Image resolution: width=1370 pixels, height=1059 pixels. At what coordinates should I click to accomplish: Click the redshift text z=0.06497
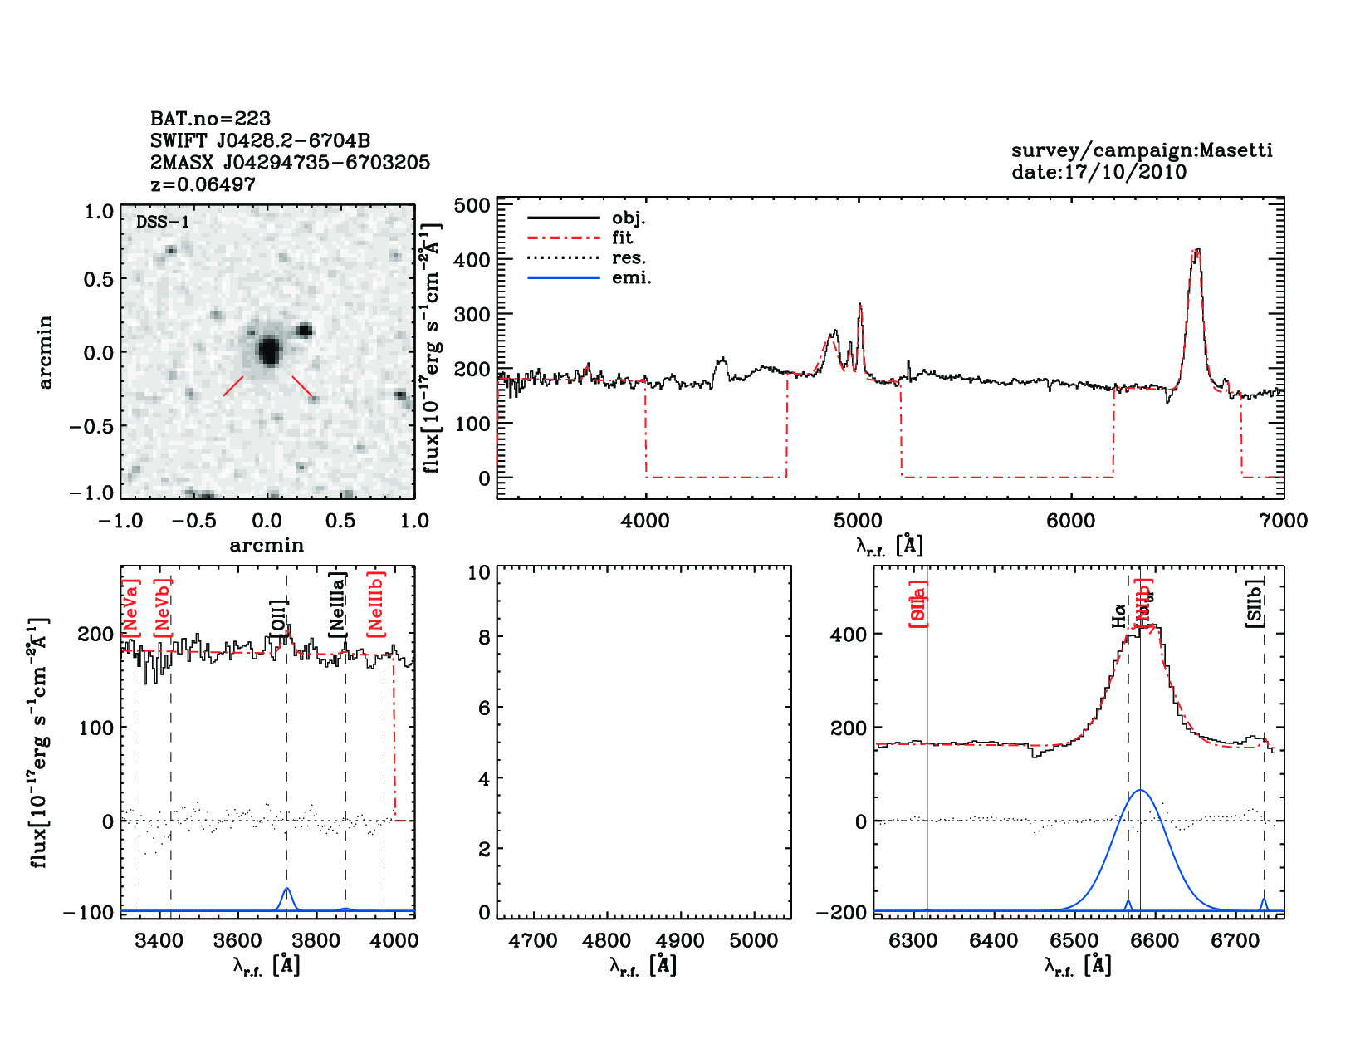[203, 184]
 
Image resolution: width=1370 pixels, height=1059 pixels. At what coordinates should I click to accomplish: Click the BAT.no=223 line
[210, 119]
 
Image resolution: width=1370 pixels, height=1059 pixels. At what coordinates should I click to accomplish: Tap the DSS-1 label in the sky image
[163, 222]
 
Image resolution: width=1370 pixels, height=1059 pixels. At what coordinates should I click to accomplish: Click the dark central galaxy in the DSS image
[268, 351]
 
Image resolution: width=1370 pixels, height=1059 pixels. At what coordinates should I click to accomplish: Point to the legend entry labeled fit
[622, 238]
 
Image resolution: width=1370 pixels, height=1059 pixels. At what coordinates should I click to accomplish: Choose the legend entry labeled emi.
[631, 277]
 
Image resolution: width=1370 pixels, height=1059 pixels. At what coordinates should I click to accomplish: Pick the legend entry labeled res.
[629, 257]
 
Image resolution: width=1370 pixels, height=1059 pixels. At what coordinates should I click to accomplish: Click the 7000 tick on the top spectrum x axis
[1284, 521]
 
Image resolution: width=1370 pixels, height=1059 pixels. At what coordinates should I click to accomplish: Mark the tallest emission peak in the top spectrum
[1196, 250]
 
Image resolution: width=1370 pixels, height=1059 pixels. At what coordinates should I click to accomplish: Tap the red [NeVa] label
[130, 607]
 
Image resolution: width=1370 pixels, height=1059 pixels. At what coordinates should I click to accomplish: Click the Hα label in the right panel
[1119, 615]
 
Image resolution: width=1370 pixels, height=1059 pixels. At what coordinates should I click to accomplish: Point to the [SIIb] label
[1255, 603]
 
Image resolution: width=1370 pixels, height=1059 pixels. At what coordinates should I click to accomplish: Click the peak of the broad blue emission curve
[1141, 790]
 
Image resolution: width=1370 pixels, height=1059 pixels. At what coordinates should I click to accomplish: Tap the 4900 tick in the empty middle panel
[680, 941]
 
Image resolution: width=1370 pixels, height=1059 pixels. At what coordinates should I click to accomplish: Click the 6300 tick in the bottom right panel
[913, 941]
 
